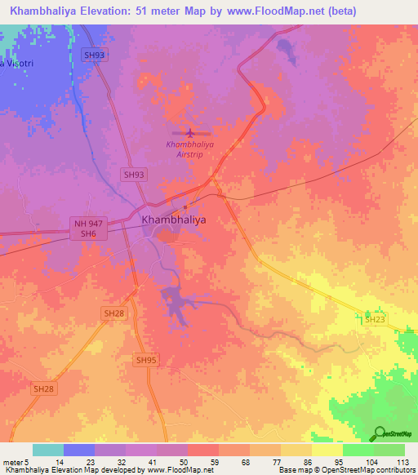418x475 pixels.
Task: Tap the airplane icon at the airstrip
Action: (190, 131)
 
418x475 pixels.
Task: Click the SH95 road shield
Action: (146, 360)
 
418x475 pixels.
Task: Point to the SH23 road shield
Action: (374, 320)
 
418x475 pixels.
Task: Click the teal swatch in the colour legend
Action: (47, 450)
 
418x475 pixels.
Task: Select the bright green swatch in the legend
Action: (358, 450)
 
